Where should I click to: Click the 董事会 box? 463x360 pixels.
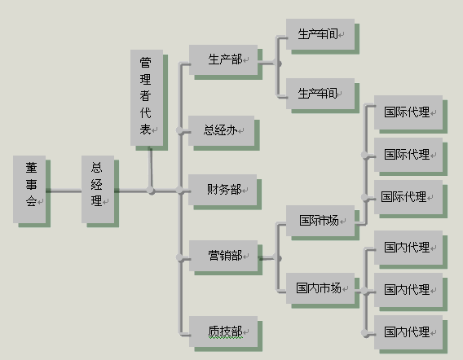click(x=29, y=190)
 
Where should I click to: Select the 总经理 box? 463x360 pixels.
click(x=98, y=190)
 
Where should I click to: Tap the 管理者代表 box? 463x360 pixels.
click(x=147, y=98)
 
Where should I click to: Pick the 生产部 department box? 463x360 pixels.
click(x=223, y=60)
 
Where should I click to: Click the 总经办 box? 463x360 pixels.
click(x=222, y=130)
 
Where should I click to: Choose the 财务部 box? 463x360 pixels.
click(x=223, y=190)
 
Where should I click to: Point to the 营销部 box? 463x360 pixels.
click(x=223, y=256)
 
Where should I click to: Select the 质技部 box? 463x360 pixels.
click(x=223, y=331)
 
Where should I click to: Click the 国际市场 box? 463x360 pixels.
click(x=320, y=221)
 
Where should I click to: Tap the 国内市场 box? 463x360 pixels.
click(x=320, y=288)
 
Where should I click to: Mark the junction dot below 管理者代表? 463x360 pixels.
click(x=151, y=191)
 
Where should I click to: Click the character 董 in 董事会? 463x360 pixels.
click(x=31, y=168)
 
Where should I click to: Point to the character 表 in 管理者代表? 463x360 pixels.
click(x=145, y=130)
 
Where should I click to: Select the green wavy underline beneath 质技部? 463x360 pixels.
click(x=225, y=337)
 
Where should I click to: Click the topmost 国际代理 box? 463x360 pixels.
click(x=408, y=112)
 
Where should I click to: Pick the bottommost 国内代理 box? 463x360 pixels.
click(x=408, y=332)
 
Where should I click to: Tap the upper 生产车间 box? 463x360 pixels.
click(x=320, y=34)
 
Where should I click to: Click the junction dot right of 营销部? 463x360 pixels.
click(x=279, y=258)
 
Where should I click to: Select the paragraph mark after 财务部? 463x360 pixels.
click(x=245, y=191)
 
